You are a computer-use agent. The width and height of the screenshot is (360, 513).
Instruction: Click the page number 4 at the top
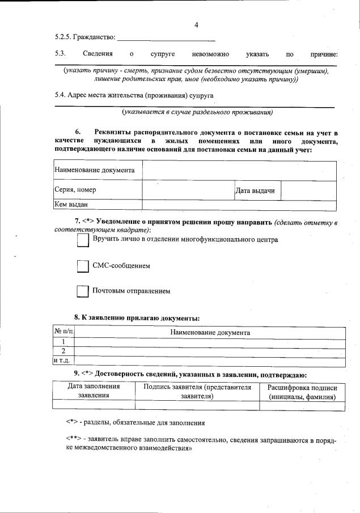pyautogui.click(x=196, y=25)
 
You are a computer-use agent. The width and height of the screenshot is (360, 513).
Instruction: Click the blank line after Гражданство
pyautogui.click(x=166, y=38)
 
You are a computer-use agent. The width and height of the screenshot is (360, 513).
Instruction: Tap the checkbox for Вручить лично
pyautogui.click(x=83, y=241)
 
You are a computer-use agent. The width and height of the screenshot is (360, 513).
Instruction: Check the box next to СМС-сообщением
pyautogui.click(x=83, y=266)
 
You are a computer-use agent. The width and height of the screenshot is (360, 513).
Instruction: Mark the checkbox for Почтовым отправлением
pyautogui.click(x=83, y=291)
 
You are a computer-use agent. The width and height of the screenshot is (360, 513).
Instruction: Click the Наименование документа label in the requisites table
pyautogui.click(x=94, y=170)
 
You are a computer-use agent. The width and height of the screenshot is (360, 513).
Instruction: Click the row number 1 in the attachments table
pyautogui.click(x=63, y=342)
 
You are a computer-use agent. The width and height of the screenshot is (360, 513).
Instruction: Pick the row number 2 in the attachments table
pyautogui.click(x=63, y=351)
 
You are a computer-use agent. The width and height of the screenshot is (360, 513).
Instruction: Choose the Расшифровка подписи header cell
pyautogui.click(x=302, y=392)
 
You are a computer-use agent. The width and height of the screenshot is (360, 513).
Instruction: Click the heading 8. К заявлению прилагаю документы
pyautogui.click(x=137, y=318)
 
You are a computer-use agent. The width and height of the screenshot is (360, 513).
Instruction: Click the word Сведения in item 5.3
pyautogui.click(x=97, y=54)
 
